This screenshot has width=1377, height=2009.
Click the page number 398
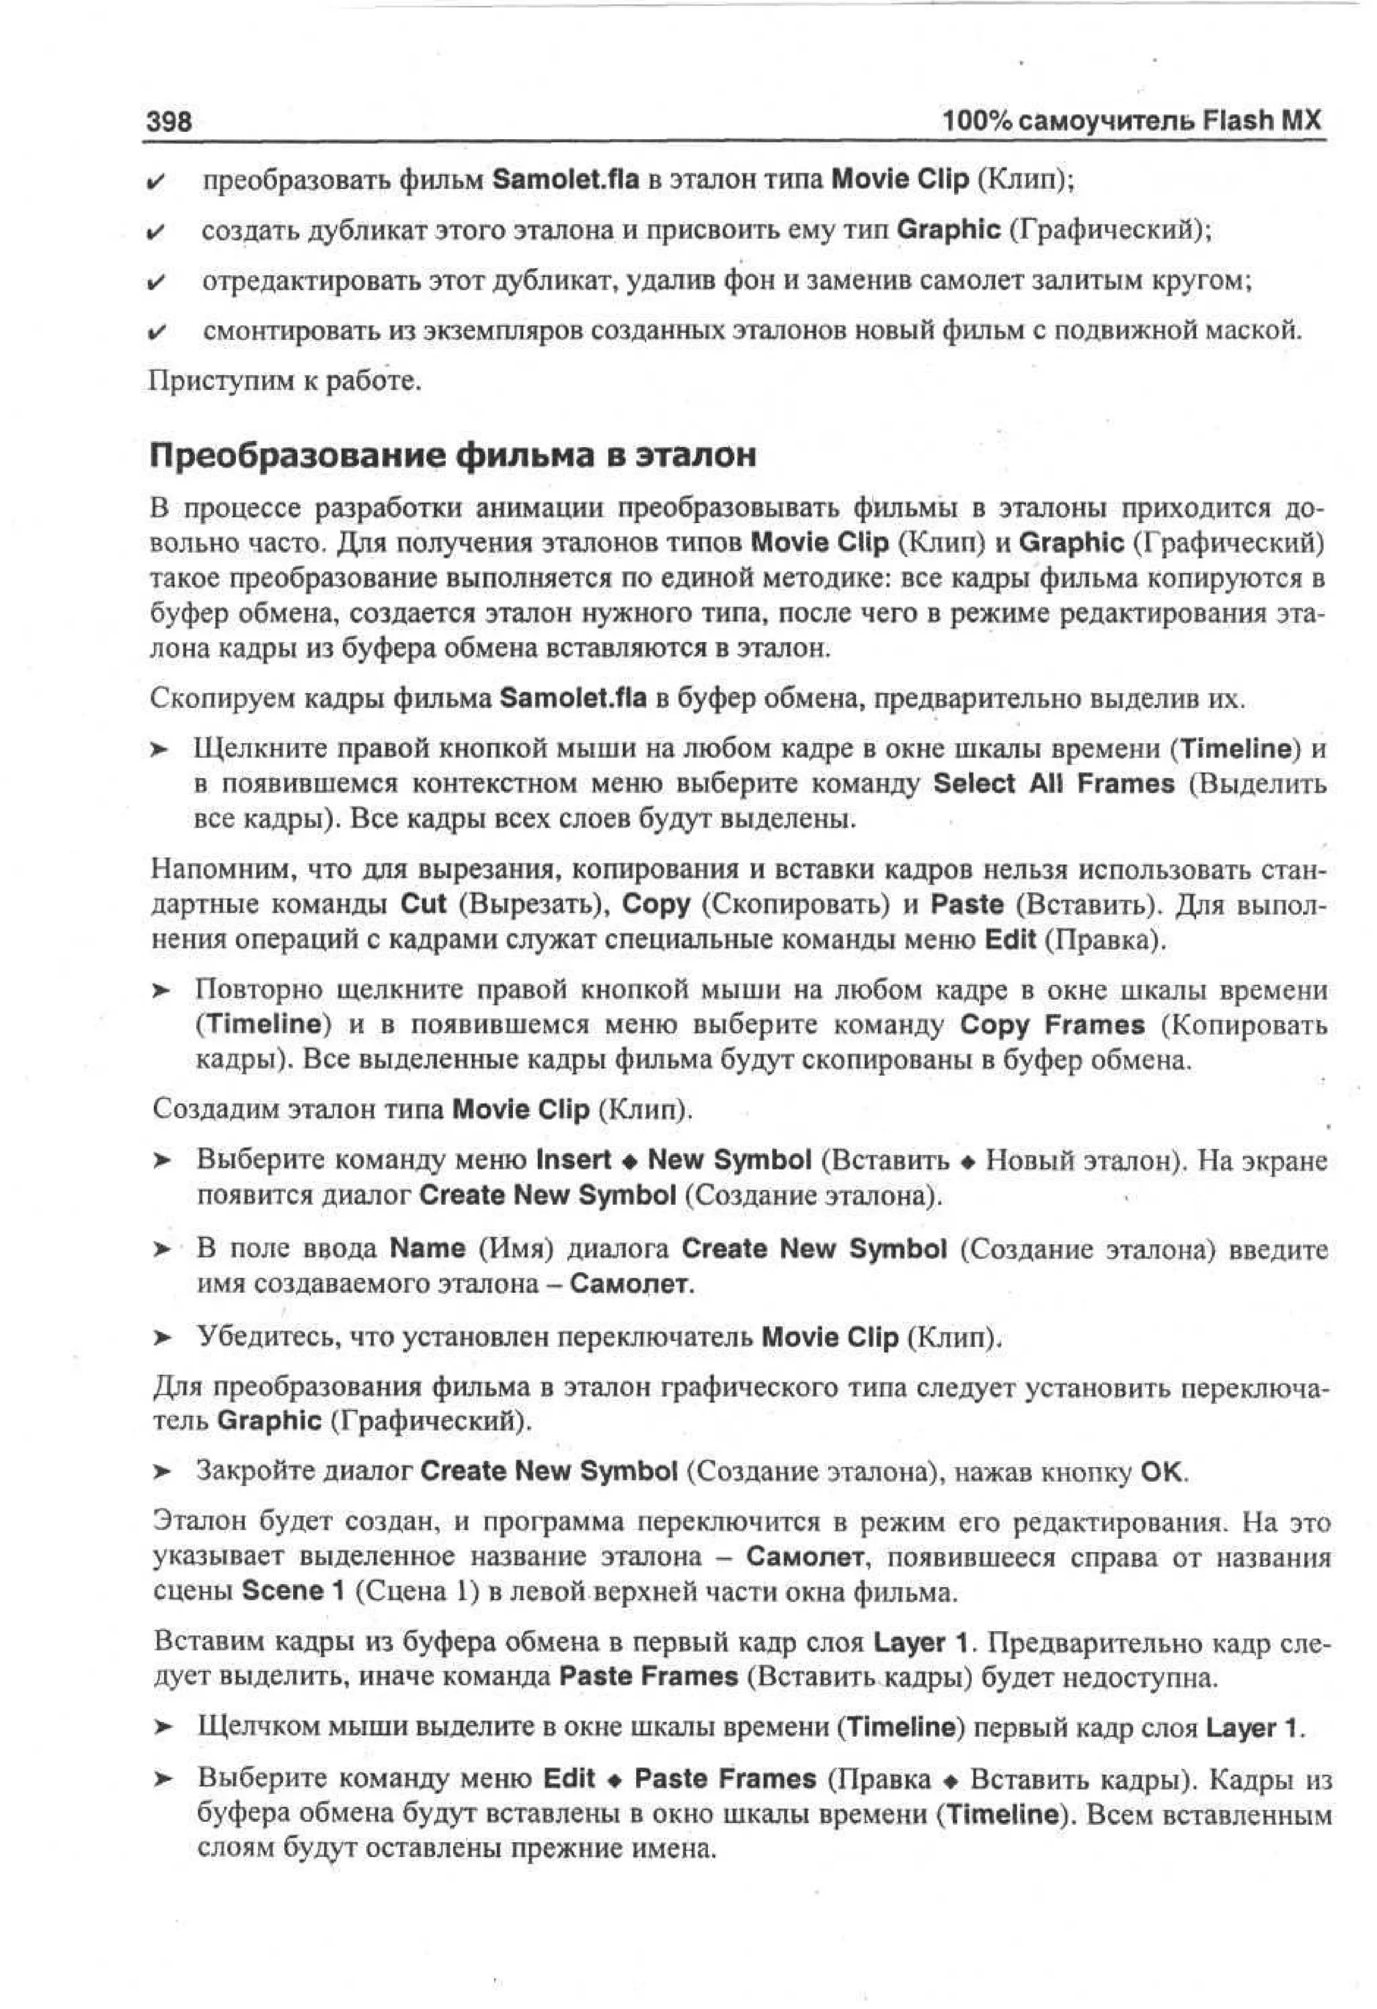coord(169,122)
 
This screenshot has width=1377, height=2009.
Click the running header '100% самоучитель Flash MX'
coord(1132,121)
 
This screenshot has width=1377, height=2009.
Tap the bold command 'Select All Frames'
coord(1054,783)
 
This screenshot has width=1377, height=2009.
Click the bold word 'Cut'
coord(424,904)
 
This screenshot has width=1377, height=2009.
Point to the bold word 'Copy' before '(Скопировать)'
coord(656,904)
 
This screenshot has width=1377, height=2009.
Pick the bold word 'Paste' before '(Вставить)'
coord(968,904)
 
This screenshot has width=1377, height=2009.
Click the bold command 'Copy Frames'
coord(1052,1025)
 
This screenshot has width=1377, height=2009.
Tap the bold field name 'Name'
coord(428,1249)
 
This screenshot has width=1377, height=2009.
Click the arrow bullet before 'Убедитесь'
coord(163,1338)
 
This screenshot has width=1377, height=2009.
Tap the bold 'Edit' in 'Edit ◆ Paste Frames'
coord(569,1779)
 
